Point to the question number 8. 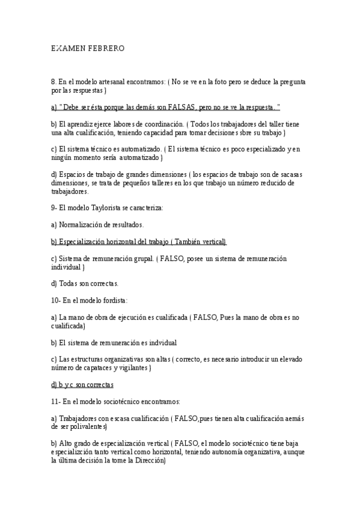click(53, 81)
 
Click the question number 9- click(55, 207)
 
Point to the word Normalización click(82, 224)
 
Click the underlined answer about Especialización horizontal click(138, 241)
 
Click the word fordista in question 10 click(114, 300)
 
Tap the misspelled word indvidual click(161, 343)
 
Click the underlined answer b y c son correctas click(82, 384)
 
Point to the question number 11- click(56, 401)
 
